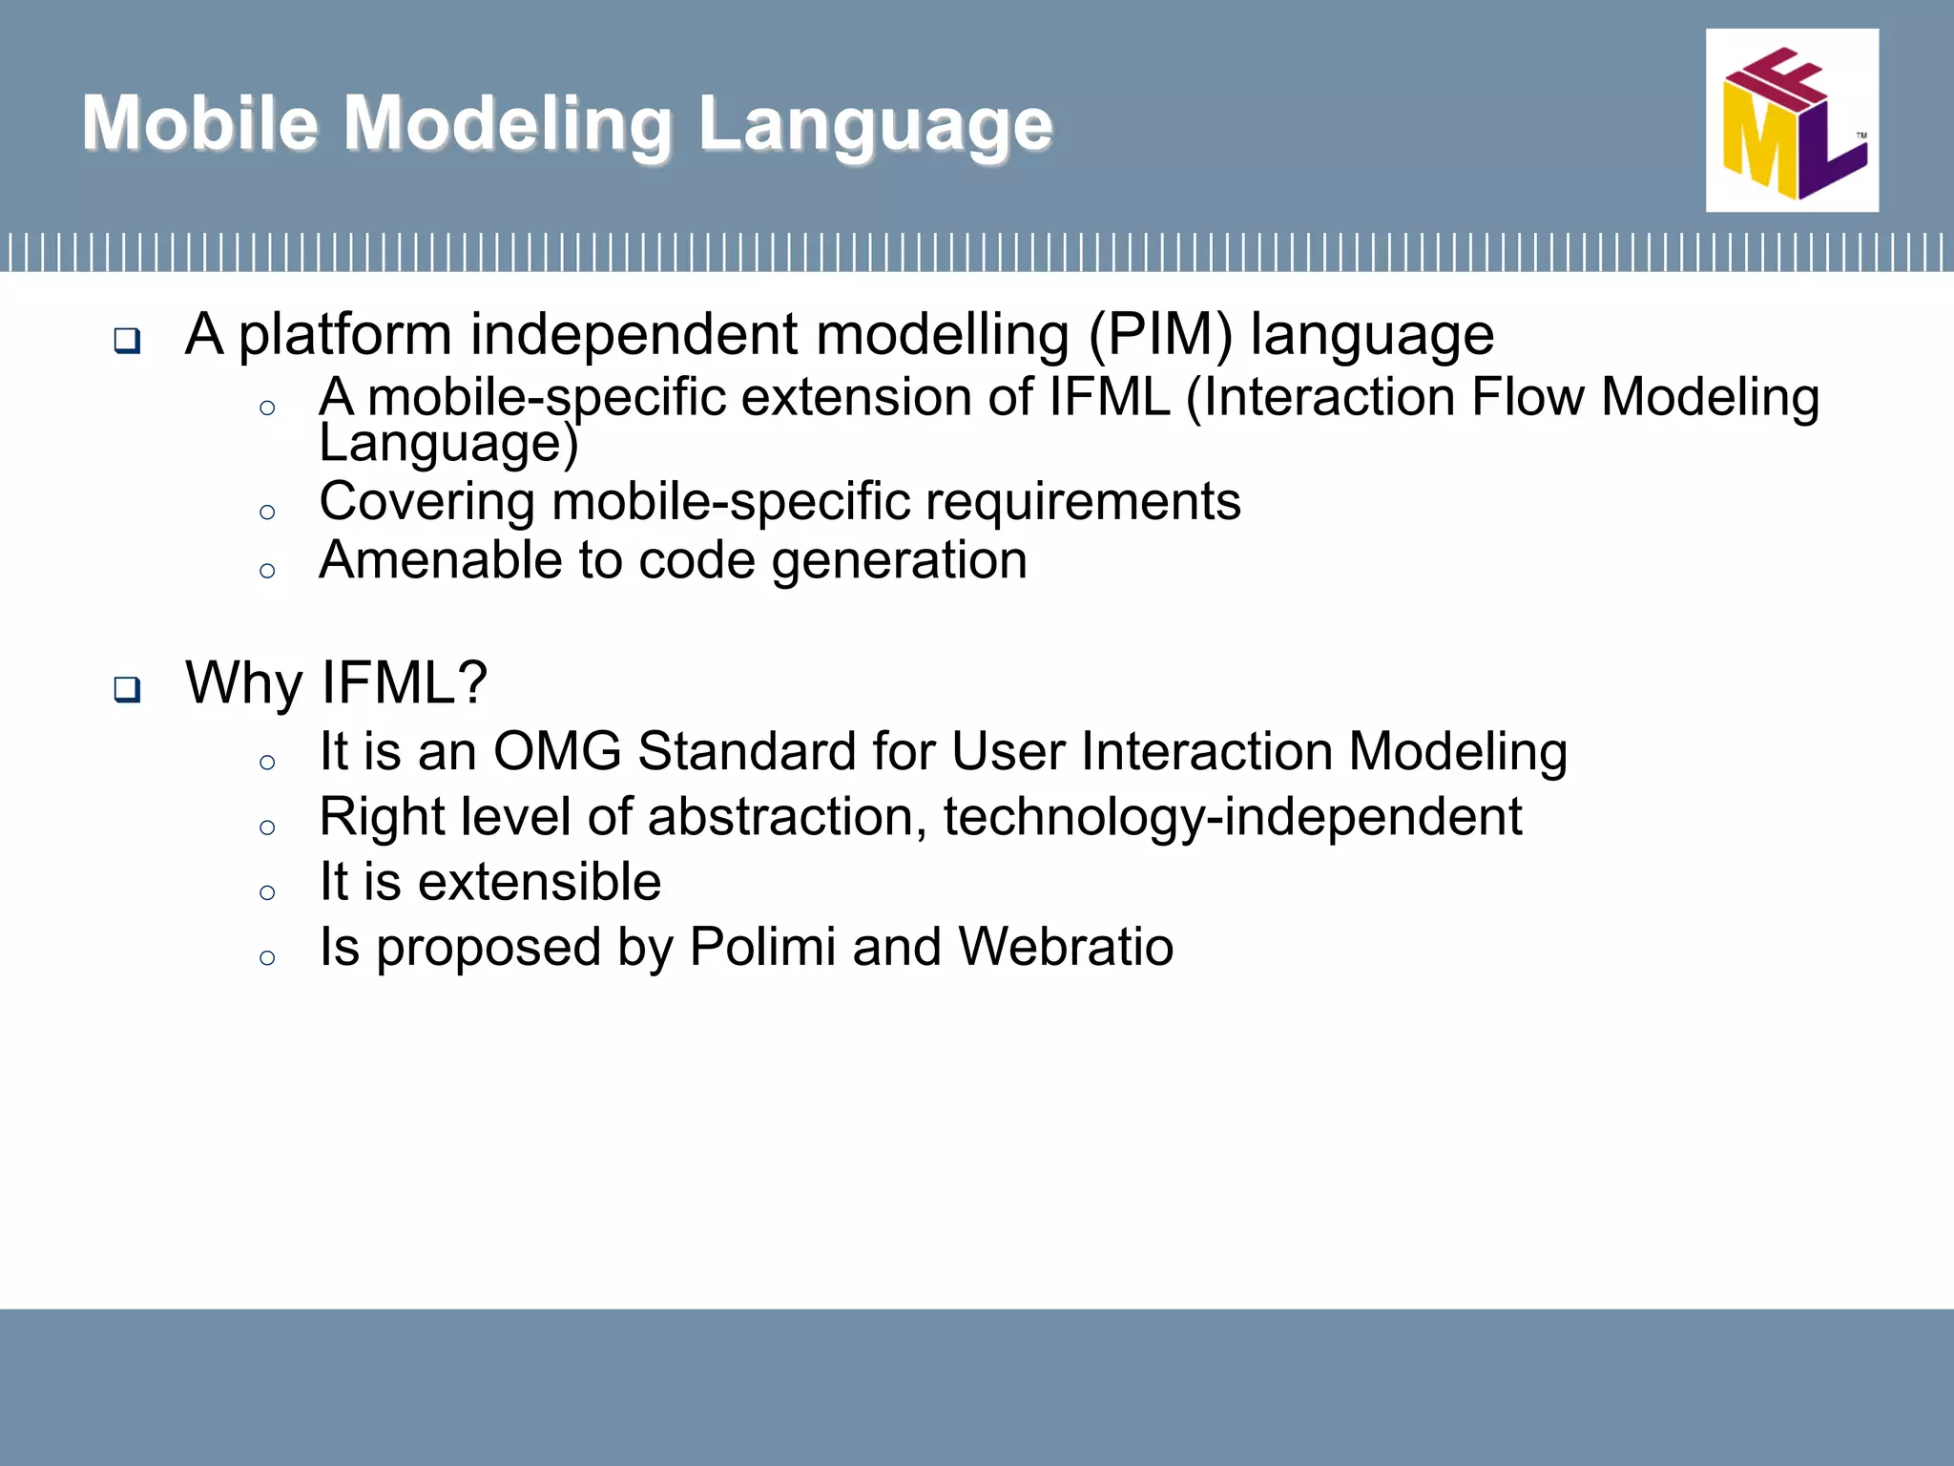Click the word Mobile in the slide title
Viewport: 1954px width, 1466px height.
199,123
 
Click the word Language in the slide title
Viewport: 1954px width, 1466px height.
874,125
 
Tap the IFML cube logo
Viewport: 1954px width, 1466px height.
1791,120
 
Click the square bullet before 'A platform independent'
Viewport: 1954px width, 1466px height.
127,341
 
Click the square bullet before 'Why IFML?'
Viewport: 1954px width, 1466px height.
127,689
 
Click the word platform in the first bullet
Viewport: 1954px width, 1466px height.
344,337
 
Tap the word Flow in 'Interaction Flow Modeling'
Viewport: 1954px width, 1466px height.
1527,397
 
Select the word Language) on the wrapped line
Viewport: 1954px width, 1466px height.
448,444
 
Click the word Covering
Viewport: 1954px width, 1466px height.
426,502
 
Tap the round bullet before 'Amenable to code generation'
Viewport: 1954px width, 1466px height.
267,571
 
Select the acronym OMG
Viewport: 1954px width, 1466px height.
557,751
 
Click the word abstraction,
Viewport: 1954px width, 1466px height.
787,817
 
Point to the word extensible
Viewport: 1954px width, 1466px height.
539,881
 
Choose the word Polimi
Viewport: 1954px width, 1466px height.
761,947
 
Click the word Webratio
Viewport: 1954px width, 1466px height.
1065,947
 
